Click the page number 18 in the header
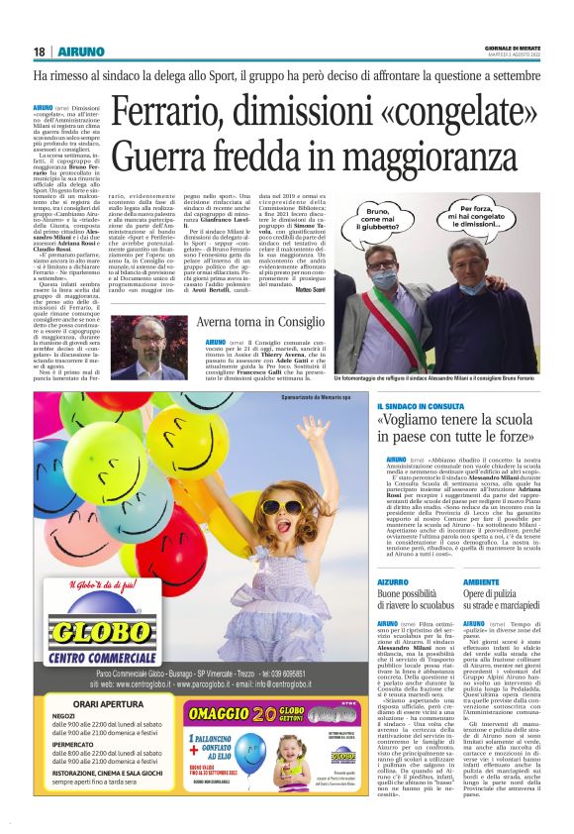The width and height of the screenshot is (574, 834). [x=39, y=52]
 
